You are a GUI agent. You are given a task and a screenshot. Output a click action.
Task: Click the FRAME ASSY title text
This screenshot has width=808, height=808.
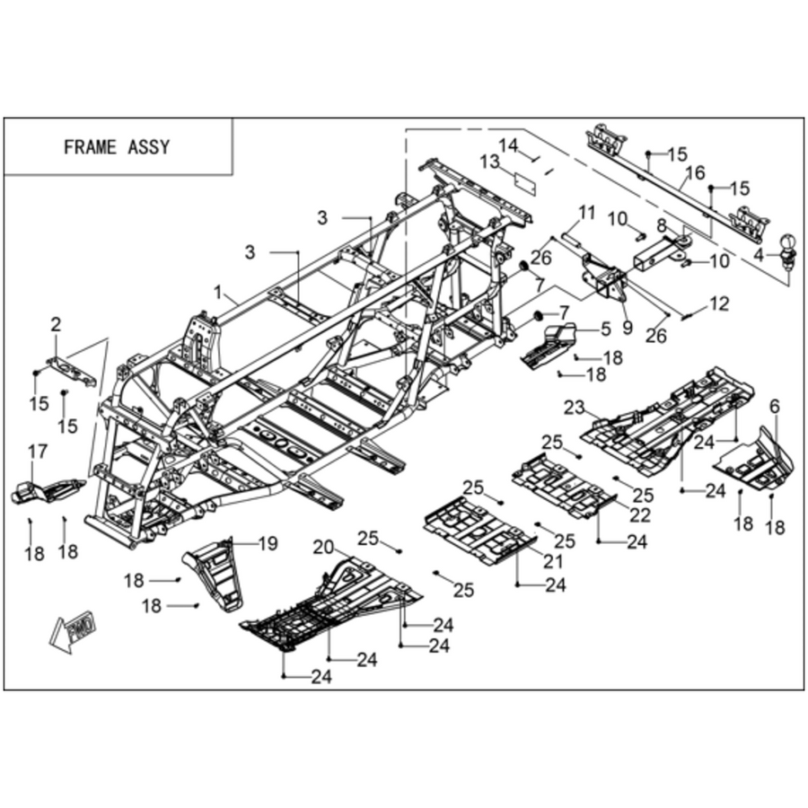pos(117,147)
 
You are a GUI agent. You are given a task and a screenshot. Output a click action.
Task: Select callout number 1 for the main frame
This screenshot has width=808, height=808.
pos(218,293)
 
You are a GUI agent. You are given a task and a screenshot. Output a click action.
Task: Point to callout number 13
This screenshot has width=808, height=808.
pos(489,162)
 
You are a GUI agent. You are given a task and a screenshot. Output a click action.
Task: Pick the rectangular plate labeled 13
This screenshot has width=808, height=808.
pos(525,184)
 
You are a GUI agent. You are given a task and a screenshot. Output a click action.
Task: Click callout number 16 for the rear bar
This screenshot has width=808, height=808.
pos(696,172)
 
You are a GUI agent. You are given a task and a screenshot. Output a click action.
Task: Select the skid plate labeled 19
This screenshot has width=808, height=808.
pos(215,574)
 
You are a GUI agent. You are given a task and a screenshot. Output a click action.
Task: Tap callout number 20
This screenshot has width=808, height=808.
pos(323,548)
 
